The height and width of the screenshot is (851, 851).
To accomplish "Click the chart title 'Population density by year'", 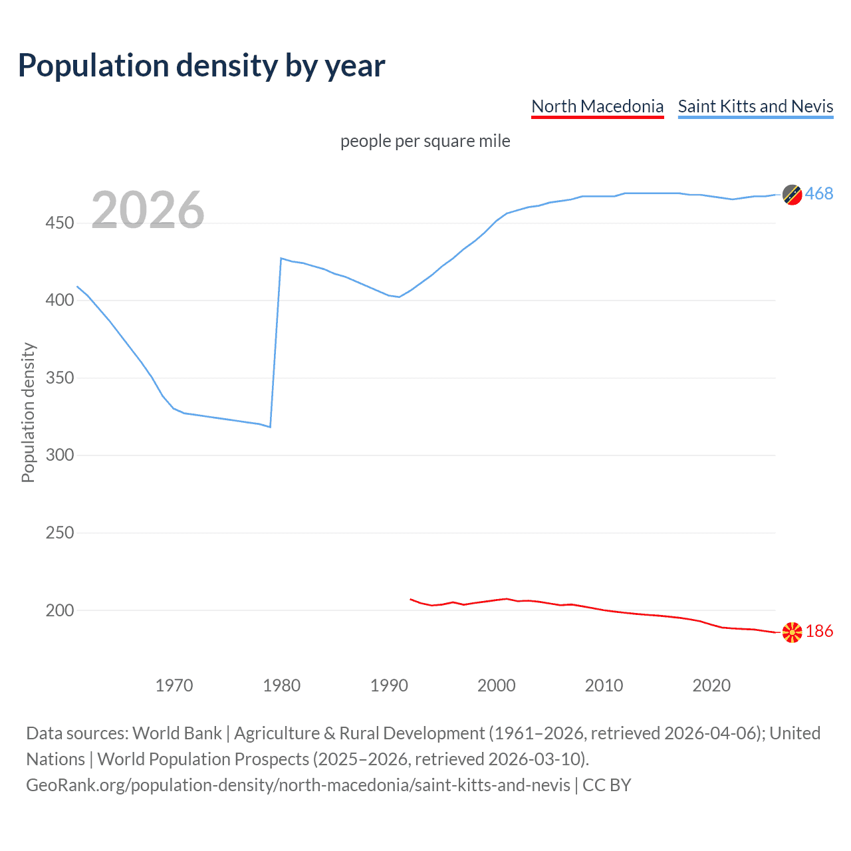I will [x=201, y=66].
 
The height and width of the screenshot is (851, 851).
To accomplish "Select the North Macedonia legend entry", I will [x=597, y=106].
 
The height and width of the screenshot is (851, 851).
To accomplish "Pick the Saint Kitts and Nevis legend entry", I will [x=755, y=106].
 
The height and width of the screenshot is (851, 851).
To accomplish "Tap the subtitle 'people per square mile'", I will [x=425, y=141].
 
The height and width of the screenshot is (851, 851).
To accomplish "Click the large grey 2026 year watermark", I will [x=148, y=210].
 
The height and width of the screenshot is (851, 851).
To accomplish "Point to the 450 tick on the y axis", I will [x=59, y=223].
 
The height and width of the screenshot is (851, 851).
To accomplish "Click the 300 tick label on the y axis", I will [x=59, y=455].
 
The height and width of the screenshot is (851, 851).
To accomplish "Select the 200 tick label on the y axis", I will [x=59, y=610].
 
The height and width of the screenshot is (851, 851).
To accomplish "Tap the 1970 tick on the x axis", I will [x=174, y=685].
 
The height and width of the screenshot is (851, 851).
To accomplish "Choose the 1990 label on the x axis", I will [x=389, y=685].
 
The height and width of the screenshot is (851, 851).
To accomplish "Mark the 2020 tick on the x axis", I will [x=711, y=685].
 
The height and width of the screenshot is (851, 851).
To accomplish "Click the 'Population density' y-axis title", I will [x=28, y=412].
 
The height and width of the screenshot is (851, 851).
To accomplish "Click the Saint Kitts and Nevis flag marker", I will [x=792, y=194].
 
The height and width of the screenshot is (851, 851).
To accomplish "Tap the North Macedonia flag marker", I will [x=792, y=632].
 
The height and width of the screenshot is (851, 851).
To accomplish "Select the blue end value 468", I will [x=819, y=193].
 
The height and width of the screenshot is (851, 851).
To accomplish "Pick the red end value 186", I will [x=819, y=631].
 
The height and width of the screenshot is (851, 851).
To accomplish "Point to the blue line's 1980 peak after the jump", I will [x=281, y=258].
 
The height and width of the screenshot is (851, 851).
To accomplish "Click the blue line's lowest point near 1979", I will [x=270, y=427].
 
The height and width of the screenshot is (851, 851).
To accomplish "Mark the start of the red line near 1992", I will [x=411, y=599].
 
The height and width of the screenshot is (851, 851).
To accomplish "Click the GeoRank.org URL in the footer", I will [x=298, y=785].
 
